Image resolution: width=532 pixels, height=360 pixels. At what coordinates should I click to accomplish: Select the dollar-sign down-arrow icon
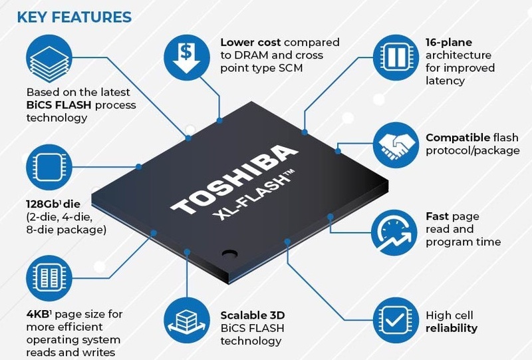189,56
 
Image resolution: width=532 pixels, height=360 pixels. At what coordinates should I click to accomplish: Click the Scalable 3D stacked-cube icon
188,317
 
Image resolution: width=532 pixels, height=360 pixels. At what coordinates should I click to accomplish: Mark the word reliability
452,328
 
